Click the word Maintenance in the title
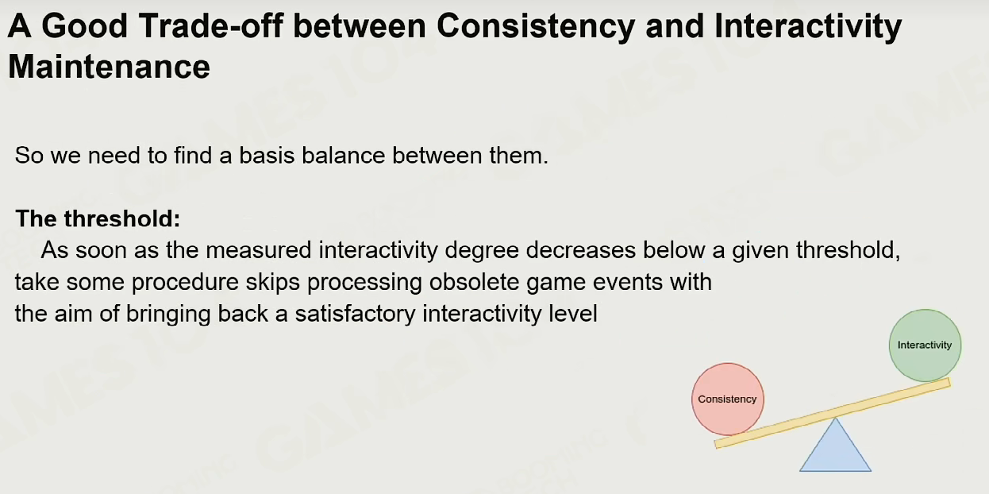(109, 67)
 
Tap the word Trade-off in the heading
(210, 25)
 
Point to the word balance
(343, 156)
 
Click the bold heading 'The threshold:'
(98, 218)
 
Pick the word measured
(258, 250)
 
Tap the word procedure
(185, 282)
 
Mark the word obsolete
(474, 282)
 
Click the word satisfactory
(355, 314)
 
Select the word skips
(272, 282)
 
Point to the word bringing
(168, 314)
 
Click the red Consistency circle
(728, 399)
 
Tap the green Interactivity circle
(925, 345)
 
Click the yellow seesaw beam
(833, 414)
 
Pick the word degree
(482, 251)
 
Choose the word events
(628, 282)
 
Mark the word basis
(267, 156)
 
